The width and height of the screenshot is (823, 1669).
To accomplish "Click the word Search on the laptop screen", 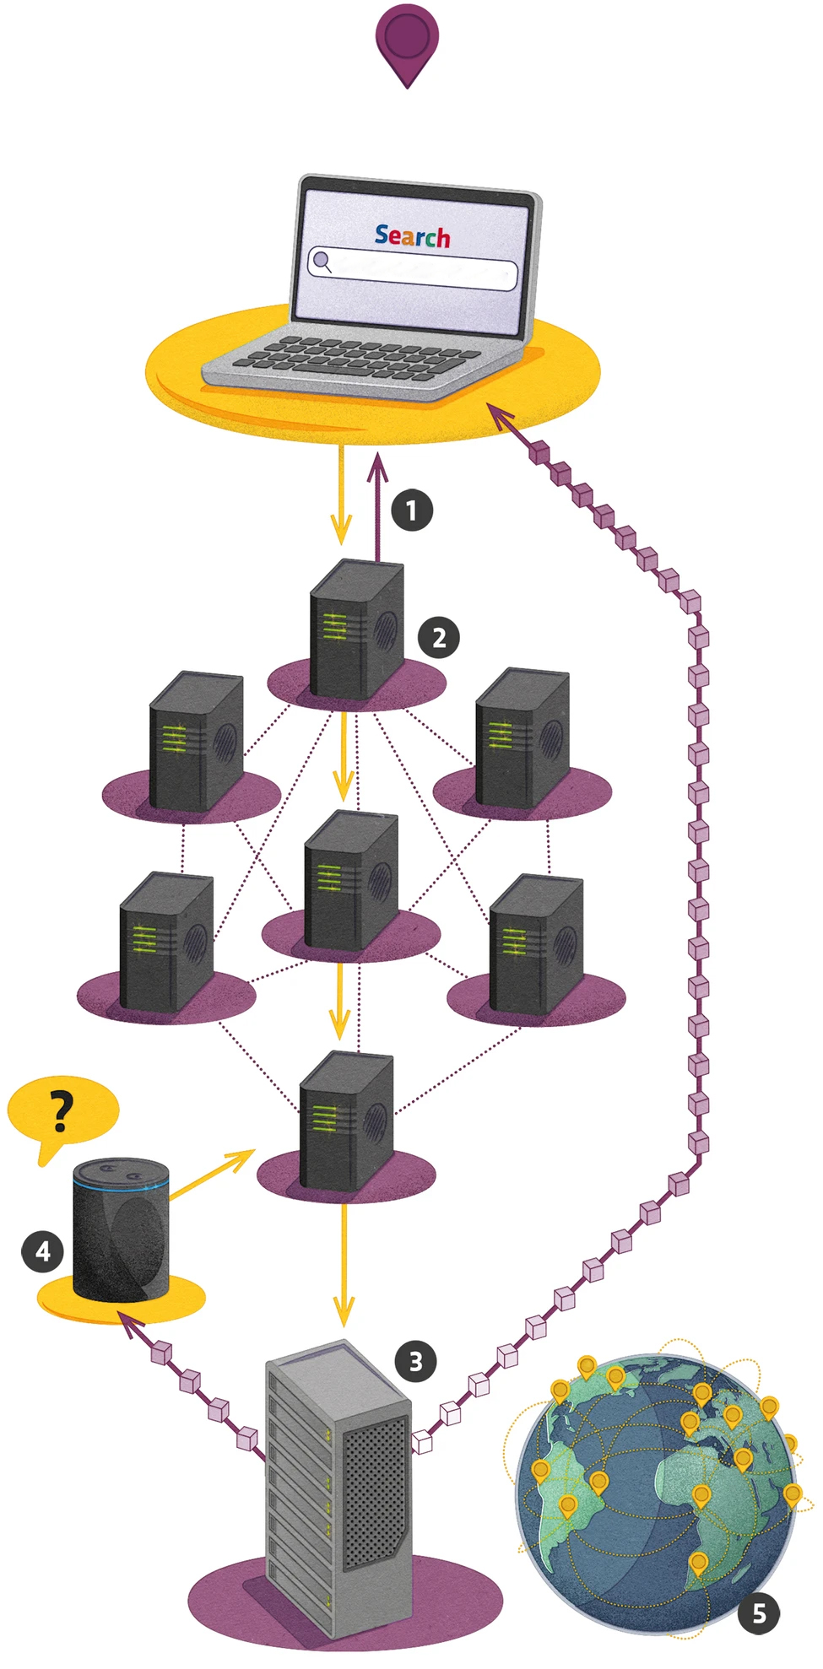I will point(412,236).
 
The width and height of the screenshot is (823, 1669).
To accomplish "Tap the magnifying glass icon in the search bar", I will point(321,261).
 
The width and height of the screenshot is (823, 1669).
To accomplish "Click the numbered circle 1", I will point(412,510).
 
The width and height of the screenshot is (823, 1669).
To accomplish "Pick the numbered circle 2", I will point(439,637).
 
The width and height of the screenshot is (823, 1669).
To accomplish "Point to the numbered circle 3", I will point(415,1360).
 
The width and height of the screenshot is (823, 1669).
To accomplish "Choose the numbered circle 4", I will point(42,1251).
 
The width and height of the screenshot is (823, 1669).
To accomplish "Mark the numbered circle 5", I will point(758,1613).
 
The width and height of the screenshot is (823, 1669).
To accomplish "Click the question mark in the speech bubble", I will point(61,1111).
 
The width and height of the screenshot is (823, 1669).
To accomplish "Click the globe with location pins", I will point(654,1493).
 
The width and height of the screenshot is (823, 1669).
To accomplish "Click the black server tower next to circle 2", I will point(355,629).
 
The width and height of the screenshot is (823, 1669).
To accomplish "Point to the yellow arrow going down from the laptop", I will point(341,498).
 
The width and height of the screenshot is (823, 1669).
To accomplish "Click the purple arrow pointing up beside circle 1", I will point(377,506).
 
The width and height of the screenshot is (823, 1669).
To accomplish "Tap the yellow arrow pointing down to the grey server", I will point(344,1266).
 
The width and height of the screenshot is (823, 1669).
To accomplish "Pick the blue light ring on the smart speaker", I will point(121,1184).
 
